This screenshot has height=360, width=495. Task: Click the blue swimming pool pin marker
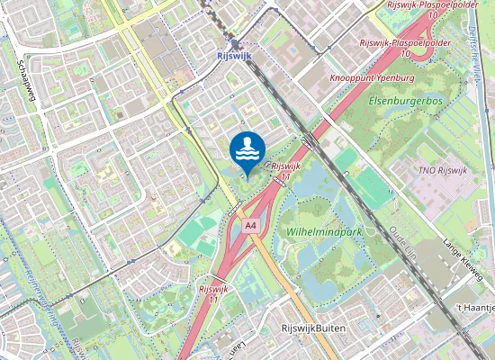pyautogui.click(x=247, y=149)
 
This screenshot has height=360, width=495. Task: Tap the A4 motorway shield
pyautogui.click(x=251, y=225)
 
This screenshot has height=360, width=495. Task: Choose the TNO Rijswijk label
pyautogui.click(x=444, y=171)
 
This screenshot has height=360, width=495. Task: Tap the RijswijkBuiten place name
pyautogui.click(x=313, y=329)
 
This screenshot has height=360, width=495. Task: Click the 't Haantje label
pyautogui.click(x=476, y=308)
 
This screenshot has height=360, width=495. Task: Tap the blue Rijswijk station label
pyautogui.click(x=236, y=56)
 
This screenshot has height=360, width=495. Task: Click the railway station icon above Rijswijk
pyautogui.click(x=236, y=43)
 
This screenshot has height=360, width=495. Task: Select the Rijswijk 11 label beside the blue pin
pyautogui.click(x=285, y=170)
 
